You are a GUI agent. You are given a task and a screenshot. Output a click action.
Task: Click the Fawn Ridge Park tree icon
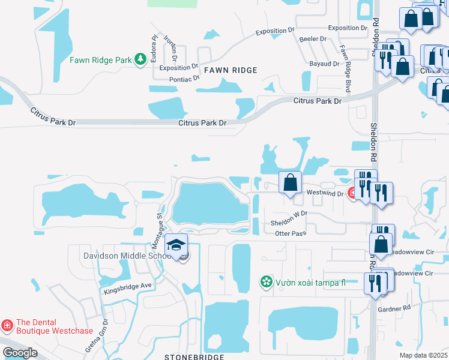click(140, 59)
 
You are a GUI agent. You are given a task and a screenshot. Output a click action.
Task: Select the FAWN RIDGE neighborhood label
click(231, 70)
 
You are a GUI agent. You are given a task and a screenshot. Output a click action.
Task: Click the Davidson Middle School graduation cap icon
click(175, 245)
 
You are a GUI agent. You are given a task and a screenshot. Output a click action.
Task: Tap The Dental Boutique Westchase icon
click(7, 326)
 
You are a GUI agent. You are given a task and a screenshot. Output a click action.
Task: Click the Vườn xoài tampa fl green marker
click(265, 281)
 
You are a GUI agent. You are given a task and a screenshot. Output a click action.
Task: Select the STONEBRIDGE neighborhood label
click(194, 357)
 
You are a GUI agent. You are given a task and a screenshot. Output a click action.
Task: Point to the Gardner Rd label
click(394, 308)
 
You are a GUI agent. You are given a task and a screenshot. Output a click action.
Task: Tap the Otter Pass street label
click(291, 233)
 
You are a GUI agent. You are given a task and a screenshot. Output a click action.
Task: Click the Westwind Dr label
click(324, 193)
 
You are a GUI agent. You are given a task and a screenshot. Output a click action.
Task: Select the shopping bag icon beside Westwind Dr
click(290, 182)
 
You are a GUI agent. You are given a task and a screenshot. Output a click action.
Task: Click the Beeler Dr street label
click(312, 39)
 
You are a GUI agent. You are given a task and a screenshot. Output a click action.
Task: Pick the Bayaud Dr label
click(325, 63)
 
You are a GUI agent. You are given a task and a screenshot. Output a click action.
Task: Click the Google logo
click(20, 353)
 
